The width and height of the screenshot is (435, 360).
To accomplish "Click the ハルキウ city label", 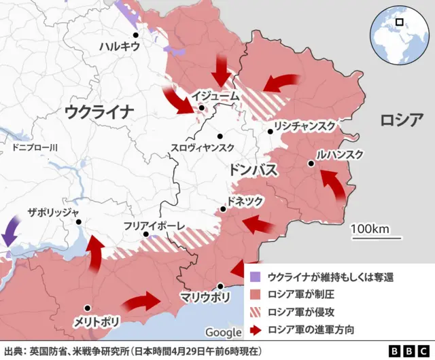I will click(x=119, y=47).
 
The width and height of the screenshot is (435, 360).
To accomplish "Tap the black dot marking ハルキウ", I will click(x=136, y=35).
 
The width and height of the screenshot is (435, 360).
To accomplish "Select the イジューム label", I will click(x=215, y=96).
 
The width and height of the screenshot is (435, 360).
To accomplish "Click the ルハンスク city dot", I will click(x=311, y=163).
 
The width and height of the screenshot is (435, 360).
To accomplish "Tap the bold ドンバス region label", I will click(x=253, y=170).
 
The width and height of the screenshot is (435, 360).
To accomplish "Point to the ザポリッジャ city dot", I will click(x=79, y=221).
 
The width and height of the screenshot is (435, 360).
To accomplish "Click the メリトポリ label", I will click(x=91, y=321).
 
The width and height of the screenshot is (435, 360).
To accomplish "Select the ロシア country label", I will click(x=401, y=121).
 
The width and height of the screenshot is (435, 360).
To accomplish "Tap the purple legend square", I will click(x=255, y=277).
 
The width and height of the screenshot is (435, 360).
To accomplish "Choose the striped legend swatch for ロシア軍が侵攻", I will click(x=255, y=312).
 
